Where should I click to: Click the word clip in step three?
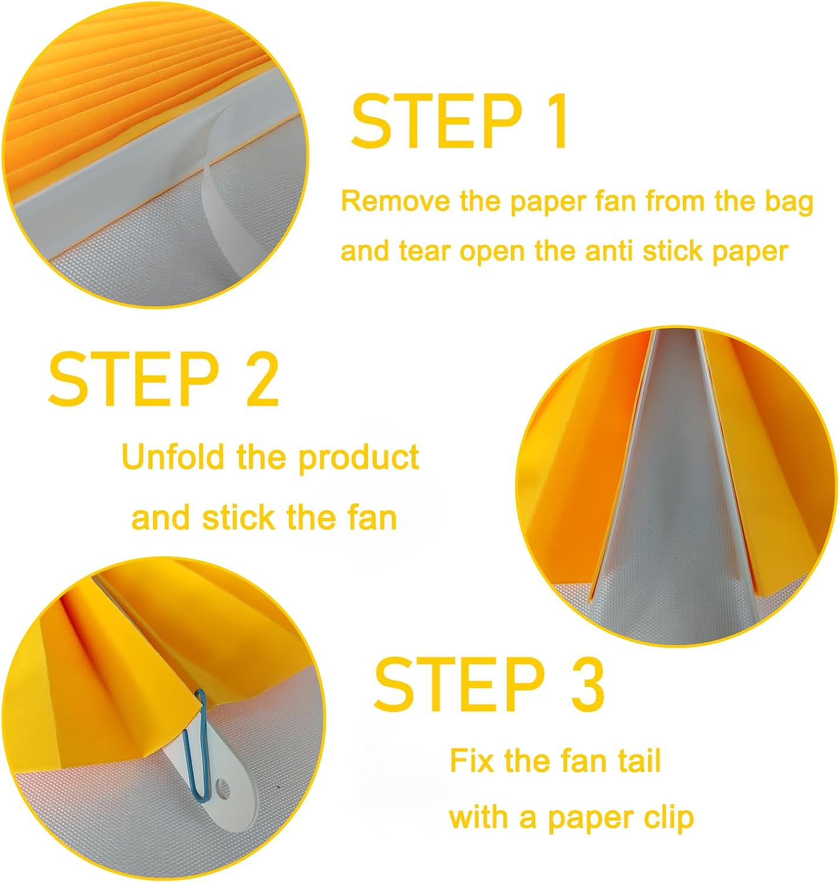670,818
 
